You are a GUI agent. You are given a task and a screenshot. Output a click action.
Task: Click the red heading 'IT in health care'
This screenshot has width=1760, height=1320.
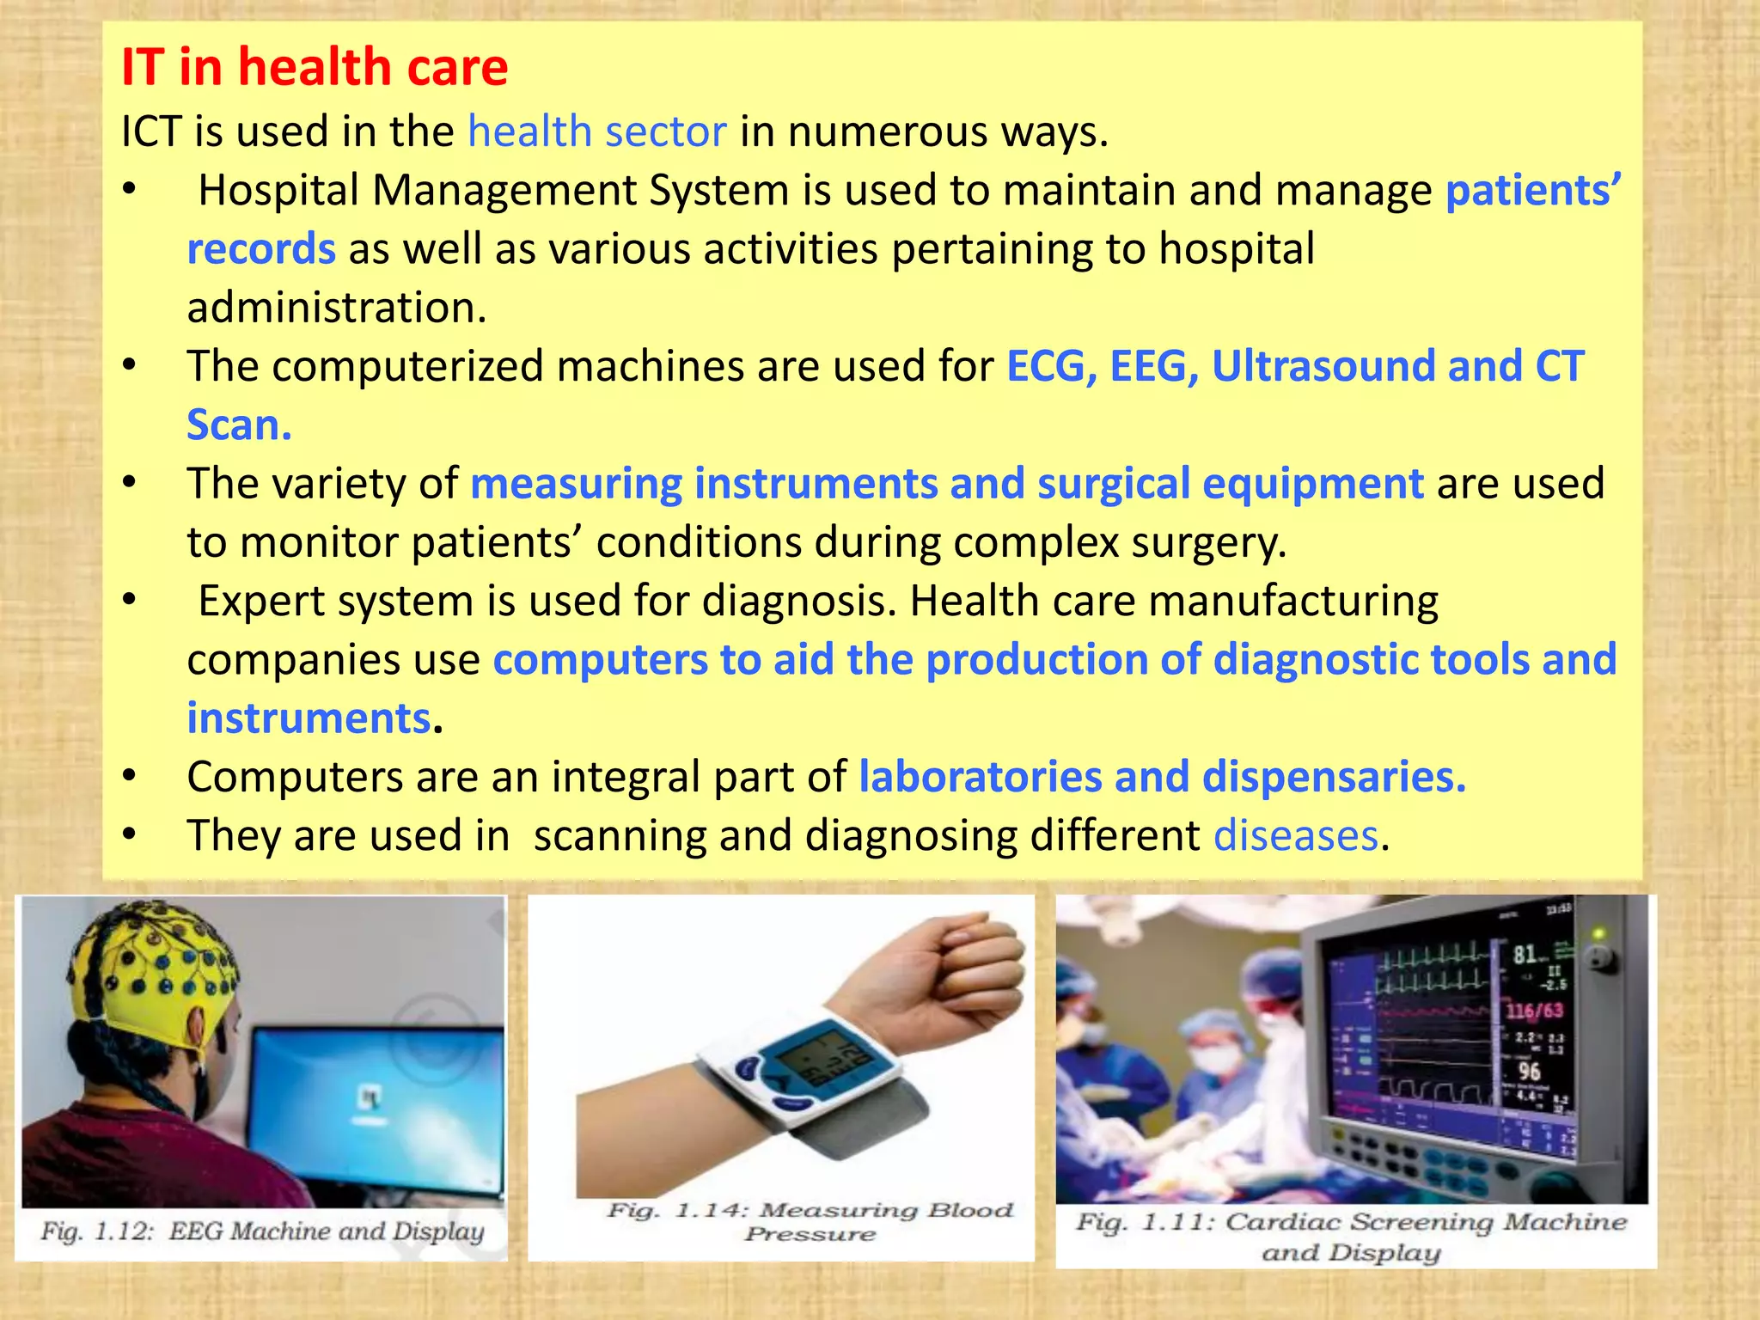(315, 68)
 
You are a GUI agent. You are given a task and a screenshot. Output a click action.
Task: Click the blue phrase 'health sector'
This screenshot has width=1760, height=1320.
(596, 132)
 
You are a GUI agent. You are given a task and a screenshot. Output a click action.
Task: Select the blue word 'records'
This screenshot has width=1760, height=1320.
(261, 249)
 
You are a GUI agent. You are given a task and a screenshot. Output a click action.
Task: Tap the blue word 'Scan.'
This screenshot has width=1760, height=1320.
(239, 425)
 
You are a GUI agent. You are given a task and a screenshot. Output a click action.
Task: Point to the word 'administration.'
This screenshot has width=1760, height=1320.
(337, 308)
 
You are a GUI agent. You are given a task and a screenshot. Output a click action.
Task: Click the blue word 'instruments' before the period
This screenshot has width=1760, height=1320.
(309, 718)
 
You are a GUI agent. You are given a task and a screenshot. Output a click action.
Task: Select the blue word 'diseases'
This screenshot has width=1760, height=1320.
(1295, 836)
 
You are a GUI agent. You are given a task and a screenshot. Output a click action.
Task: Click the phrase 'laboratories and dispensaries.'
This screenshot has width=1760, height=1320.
(1162, 777)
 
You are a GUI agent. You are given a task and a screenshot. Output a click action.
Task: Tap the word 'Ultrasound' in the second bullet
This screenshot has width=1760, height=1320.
(1323, 367)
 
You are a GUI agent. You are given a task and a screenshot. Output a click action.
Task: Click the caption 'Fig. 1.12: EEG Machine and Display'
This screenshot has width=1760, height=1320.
(262, 1231)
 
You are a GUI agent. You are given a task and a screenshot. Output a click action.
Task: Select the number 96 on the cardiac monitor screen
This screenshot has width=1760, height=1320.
(1529, 1071)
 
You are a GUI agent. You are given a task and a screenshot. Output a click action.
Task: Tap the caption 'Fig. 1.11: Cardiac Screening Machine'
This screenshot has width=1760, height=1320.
(1351, 1223)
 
